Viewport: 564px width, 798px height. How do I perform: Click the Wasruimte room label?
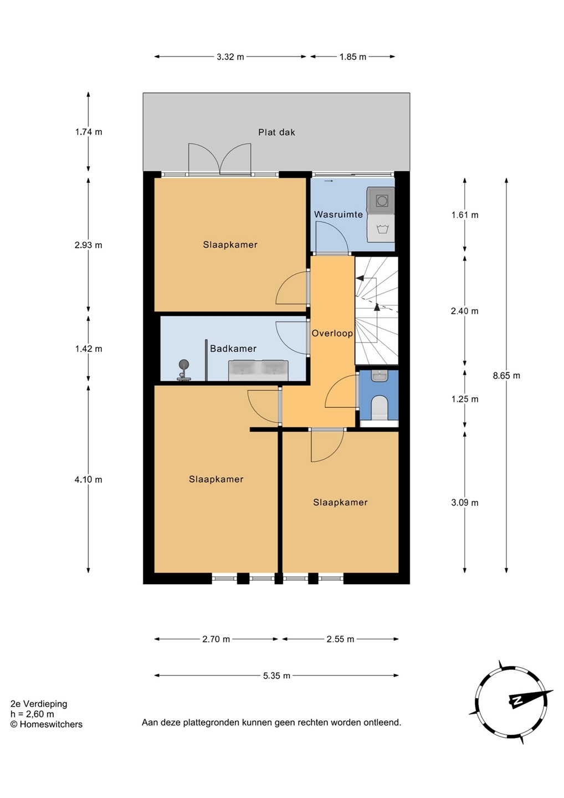[x=339, y=214]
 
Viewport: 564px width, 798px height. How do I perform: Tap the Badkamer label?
[x=233, y=349]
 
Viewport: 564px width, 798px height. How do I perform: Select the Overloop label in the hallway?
[x=332, y=334]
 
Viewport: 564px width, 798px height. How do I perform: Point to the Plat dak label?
[x=276, y=132]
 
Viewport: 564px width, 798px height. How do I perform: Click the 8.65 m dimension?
[x=506, y=376]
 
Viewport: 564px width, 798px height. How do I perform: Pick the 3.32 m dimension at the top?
[x=230, y=57]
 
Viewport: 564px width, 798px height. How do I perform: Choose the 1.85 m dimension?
[x=352, y=57]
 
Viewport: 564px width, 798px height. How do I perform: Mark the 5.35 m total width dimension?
[x=276, y=676]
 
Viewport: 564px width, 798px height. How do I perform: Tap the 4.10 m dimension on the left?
[x=88, y=479]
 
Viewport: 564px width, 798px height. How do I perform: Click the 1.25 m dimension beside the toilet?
[x=465, y=399]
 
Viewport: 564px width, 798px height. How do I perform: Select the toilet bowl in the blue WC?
[x=379, y=407]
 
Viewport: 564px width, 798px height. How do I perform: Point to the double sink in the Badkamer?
[x=258, y=371]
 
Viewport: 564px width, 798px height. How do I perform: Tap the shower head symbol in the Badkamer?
[x=184, y=365]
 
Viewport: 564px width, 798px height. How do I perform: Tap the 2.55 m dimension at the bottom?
[x=340, y=639]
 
